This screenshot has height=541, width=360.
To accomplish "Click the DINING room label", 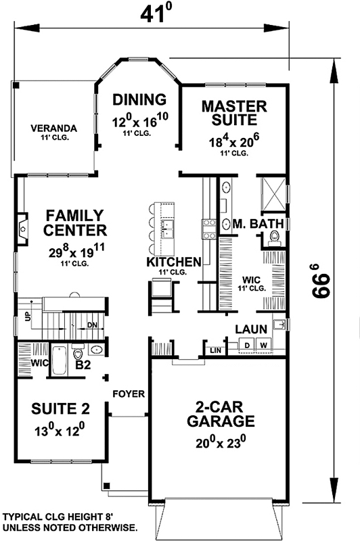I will pyautogui.click(x=139, y=100).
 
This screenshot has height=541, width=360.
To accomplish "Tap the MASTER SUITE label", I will pyautogui.click(x=235, y=113).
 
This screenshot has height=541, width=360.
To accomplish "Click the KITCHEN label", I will pyautogui.click(x=174, y=262).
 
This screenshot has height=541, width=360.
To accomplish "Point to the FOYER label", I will pyautogui.click(x=126, y=394).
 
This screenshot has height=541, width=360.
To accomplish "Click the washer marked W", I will pyautogui.click(x=264, y=345).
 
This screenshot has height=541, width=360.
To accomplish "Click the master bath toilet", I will pyautogui.click(x=275, y=236).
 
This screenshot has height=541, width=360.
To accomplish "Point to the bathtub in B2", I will pyautogui.click(x=60, y=359).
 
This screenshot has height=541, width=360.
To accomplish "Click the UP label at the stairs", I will pyautogui.click(x=28, y=316).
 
